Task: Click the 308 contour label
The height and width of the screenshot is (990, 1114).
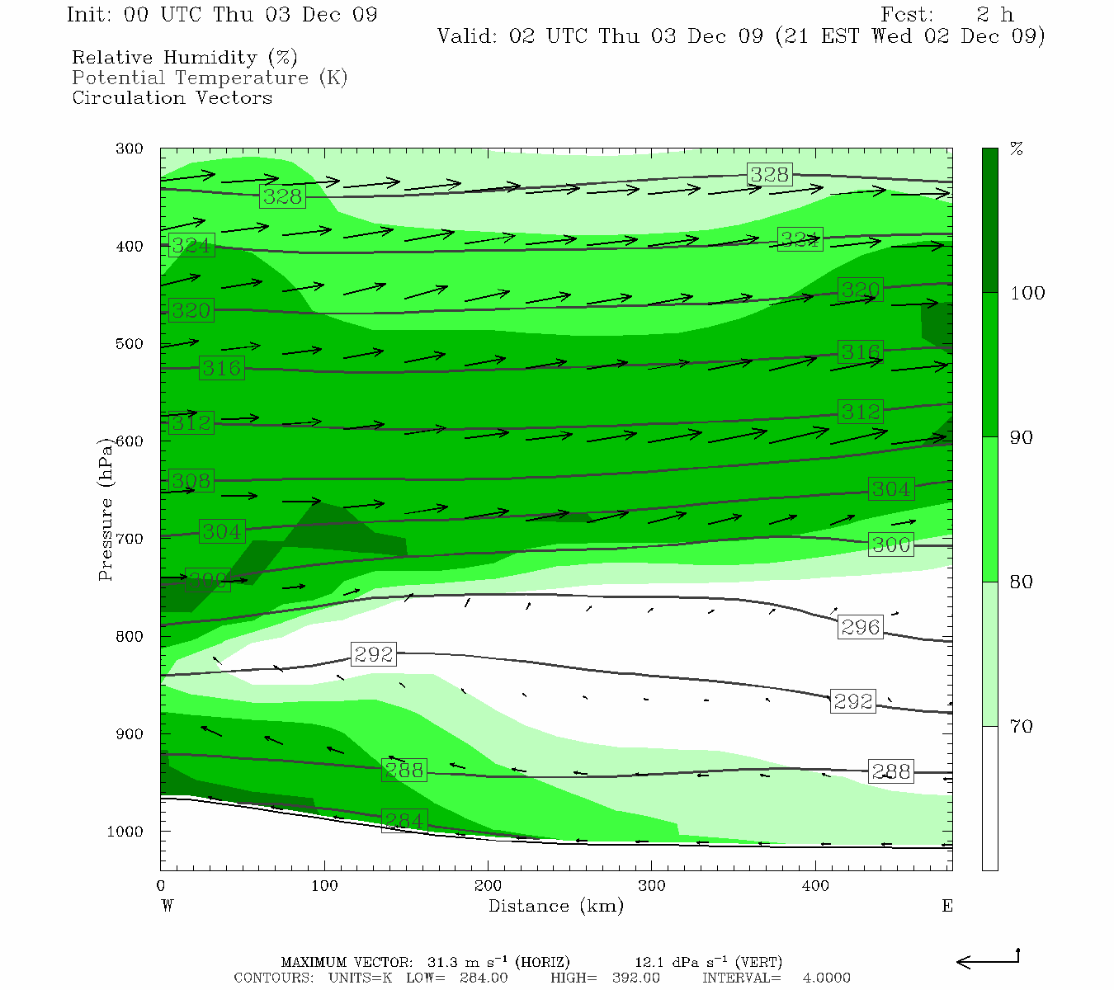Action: point(191,480)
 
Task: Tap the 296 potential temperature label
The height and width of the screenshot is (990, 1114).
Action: point(860,627)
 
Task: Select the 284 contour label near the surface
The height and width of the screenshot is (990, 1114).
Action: point(404,821)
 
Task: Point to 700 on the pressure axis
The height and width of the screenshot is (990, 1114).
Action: point(129,539)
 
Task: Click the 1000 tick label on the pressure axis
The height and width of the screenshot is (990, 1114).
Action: point(125,832)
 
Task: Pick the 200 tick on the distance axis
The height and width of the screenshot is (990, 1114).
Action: point(488,886)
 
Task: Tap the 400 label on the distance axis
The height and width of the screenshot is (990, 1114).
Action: point(815,886)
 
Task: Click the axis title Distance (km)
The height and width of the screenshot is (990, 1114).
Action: point(555,906)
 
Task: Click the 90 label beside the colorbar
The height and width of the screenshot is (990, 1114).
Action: point(1021,437)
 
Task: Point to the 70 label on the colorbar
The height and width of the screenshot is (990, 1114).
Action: point(1021,726)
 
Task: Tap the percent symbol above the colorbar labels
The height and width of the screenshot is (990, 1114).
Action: point(1017,149)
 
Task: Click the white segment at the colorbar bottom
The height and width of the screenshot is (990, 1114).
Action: point(989,798)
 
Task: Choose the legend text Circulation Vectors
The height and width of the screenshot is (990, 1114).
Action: point(172,97)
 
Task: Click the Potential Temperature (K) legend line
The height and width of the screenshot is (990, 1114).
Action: point(210,78)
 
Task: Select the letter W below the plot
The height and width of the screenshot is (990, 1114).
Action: point(167,906)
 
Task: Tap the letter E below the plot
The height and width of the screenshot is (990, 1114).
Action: point(947,906)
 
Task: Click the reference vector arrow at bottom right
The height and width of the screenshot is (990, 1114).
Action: point(988,959)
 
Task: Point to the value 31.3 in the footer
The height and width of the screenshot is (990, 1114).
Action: point(444,962)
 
